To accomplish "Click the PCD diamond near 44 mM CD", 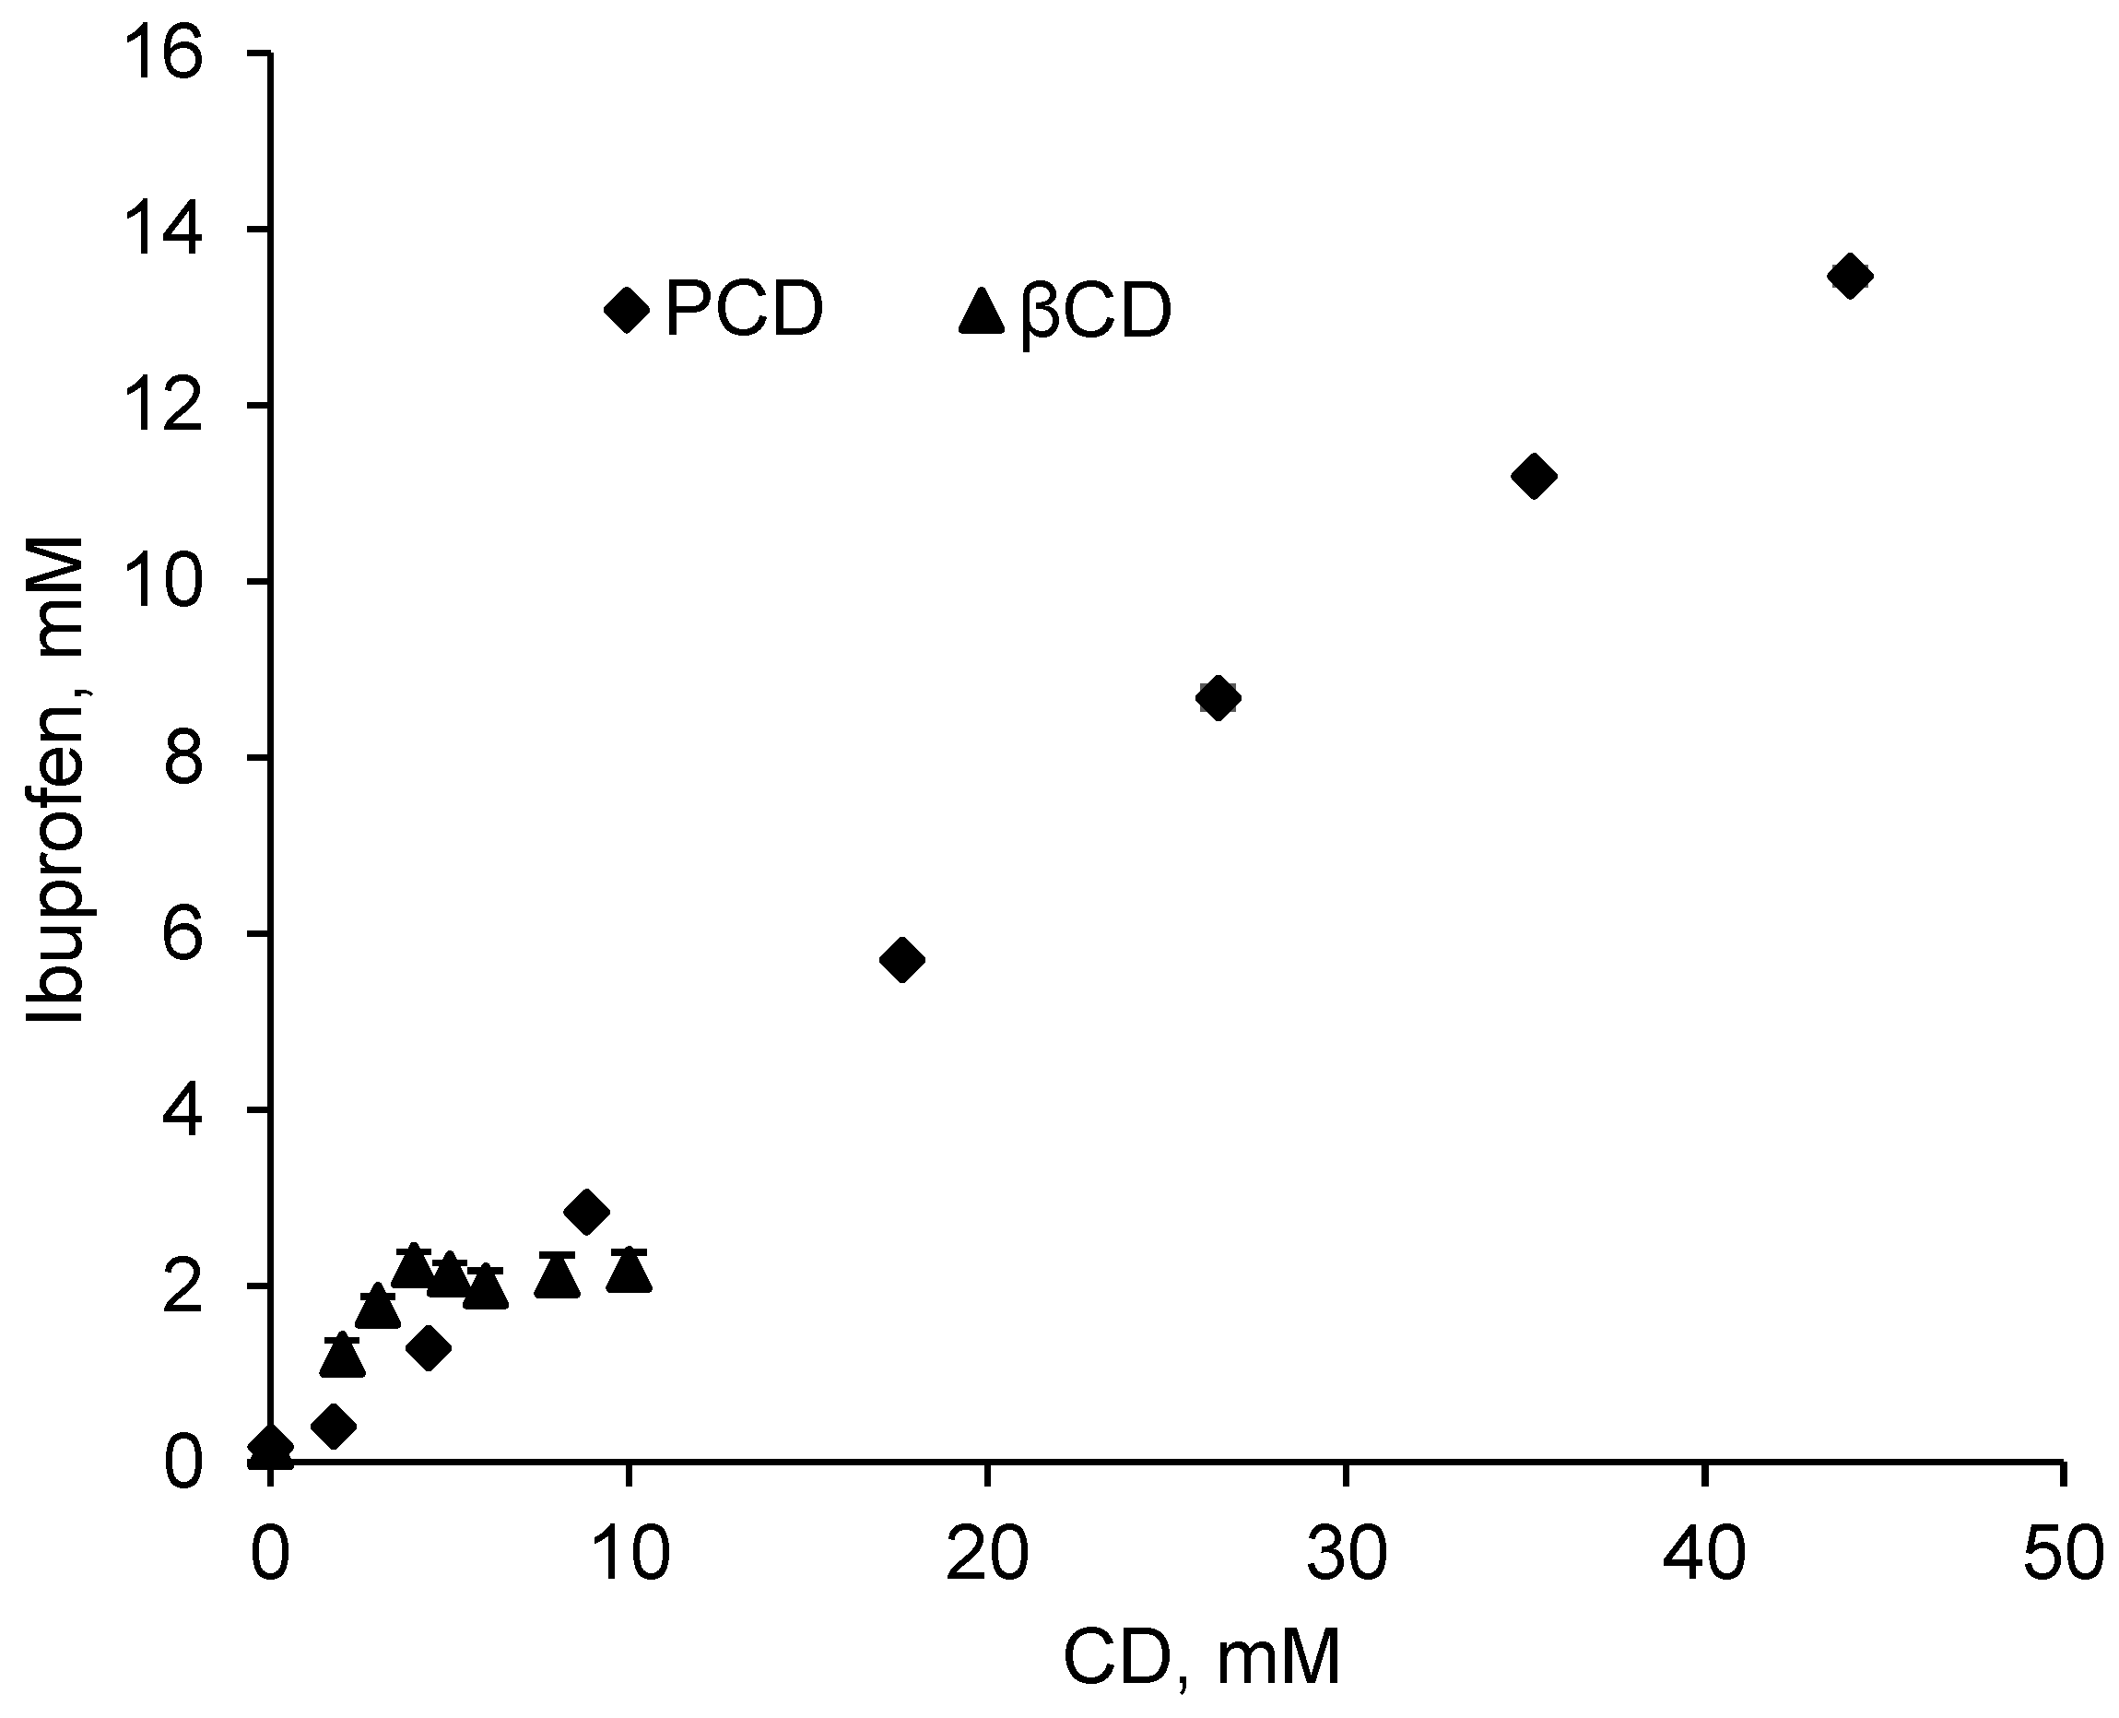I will coord(1849,275).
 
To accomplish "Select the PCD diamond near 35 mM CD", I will coord(1535,476).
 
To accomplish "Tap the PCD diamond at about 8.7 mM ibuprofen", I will coord(1218,698).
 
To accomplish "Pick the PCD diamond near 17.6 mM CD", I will coord(901,959).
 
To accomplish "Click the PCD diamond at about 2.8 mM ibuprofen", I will coord(586,1212).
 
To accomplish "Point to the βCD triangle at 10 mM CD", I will coord(629,1273).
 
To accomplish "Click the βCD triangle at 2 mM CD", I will coord(342,1357).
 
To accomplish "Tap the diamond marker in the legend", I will coord(626,310).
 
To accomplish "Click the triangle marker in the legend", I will coord(982,312).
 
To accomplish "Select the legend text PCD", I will coord(744,310).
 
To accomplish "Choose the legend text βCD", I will coord(1095,313).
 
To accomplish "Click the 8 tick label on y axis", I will coord(183,757).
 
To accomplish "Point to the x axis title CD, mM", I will coord(1201,1659).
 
